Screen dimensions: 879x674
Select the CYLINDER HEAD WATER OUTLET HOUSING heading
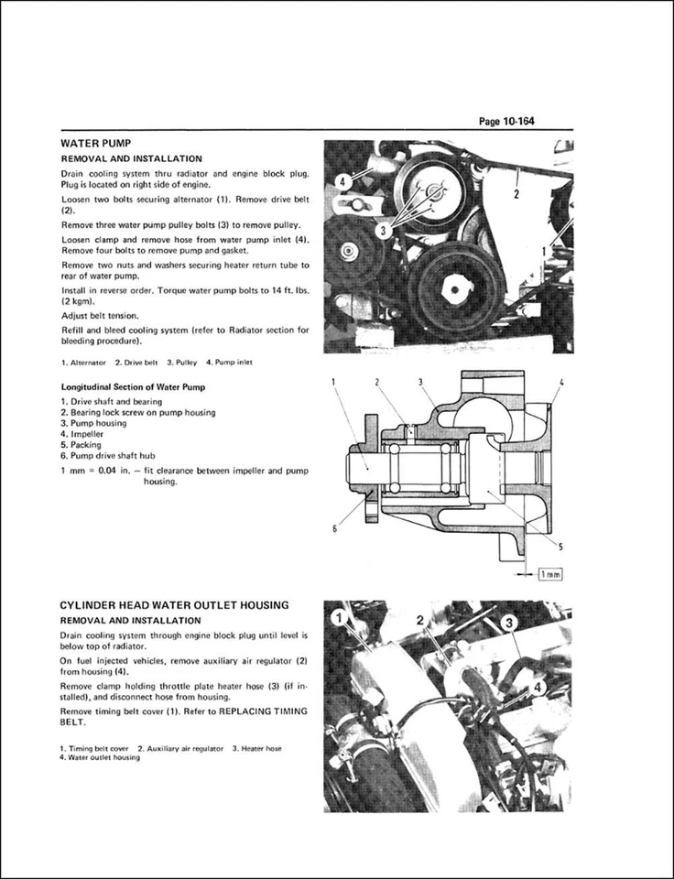click(174, 604)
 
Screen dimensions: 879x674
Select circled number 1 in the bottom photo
click(341, 619)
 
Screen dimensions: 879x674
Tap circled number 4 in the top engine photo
click(341, 180)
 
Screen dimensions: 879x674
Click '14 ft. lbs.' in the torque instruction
click(282, 289)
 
